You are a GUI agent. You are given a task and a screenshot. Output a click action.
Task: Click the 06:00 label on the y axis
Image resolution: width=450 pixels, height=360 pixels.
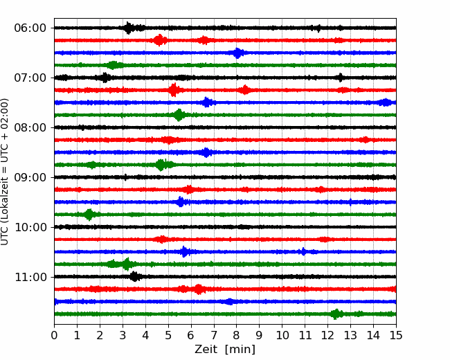tap(30, 28)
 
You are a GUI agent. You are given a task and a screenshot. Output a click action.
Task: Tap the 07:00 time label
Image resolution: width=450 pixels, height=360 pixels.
tap(30, 78)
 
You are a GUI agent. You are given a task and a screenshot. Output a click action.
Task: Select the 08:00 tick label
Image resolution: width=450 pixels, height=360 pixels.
tap(30, 128)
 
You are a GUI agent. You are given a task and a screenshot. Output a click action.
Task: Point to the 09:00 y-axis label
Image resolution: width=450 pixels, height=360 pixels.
tap(30, 177)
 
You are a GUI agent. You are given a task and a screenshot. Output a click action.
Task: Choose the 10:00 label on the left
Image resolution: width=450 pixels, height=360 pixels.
tap(30, 227)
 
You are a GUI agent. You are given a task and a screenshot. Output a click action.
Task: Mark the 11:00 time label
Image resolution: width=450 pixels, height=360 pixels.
tap(30, 278)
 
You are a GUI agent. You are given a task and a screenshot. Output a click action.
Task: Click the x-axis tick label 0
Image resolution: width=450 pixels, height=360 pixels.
tap(54, 335)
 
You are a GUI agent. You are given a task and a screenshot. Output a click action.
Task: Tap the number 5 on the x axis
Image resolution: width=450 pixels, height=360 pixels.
tap(168, 335)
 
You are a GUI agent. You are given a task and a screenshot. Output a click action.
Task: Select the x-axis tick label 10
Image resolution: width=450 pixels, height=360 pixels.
tap(282, 335)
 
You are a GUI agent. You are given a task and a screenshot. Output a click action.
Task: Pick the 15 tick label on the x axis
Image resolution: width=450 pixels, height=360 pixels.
tap(396, 335)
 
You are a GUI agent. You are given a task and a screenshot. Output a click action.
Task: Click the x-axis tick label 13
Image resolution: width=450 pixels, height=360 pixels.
tap(350, 335)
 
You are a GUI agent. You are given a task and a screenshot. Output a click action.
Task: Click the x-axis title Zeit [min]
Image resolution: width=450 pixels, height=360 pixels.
tap(225, 350)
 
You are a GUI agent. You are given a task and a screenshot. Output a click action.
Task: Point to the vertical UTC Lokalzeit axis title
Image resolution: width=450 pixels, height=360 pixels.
tap(5, 172)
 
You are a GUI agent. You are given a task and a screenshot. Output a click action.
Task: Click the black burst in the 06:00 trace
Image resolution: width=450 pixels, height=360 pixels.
tap(129, 28)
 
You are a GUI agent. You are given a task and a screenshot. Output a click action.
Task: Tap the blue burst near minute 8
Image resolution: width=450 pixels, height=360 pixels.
tap(237, 53)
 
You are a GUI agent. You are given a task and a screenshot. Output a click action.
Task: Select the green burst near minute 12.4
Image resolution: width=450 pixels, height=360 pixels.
tap(336, 314)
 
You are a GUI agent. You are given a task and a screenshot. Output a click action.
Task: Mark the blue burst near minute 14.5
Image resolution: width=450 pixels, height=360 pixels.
tap(386, 102)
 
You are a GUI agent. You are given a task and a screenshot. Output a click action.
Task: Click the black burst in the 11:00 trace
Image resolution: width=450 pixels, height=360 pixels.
tap(134, 276)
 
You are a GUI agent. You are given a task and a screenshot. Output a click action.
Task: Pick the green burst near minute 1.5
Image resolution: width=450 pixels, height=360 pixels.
tap(89, 215)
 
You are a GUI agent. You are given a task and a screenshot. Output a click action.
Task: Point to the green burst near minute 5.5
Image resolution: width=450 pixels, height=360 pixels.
tap(179, 115)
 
